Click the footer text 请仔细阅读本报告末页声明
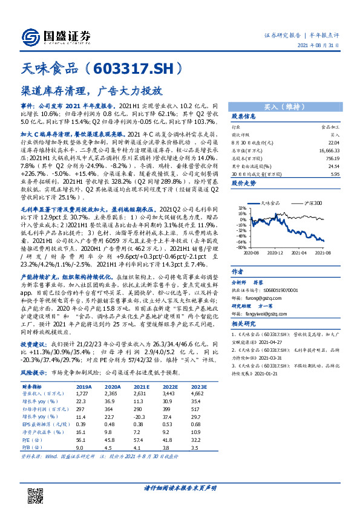[x=180, y=488]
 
